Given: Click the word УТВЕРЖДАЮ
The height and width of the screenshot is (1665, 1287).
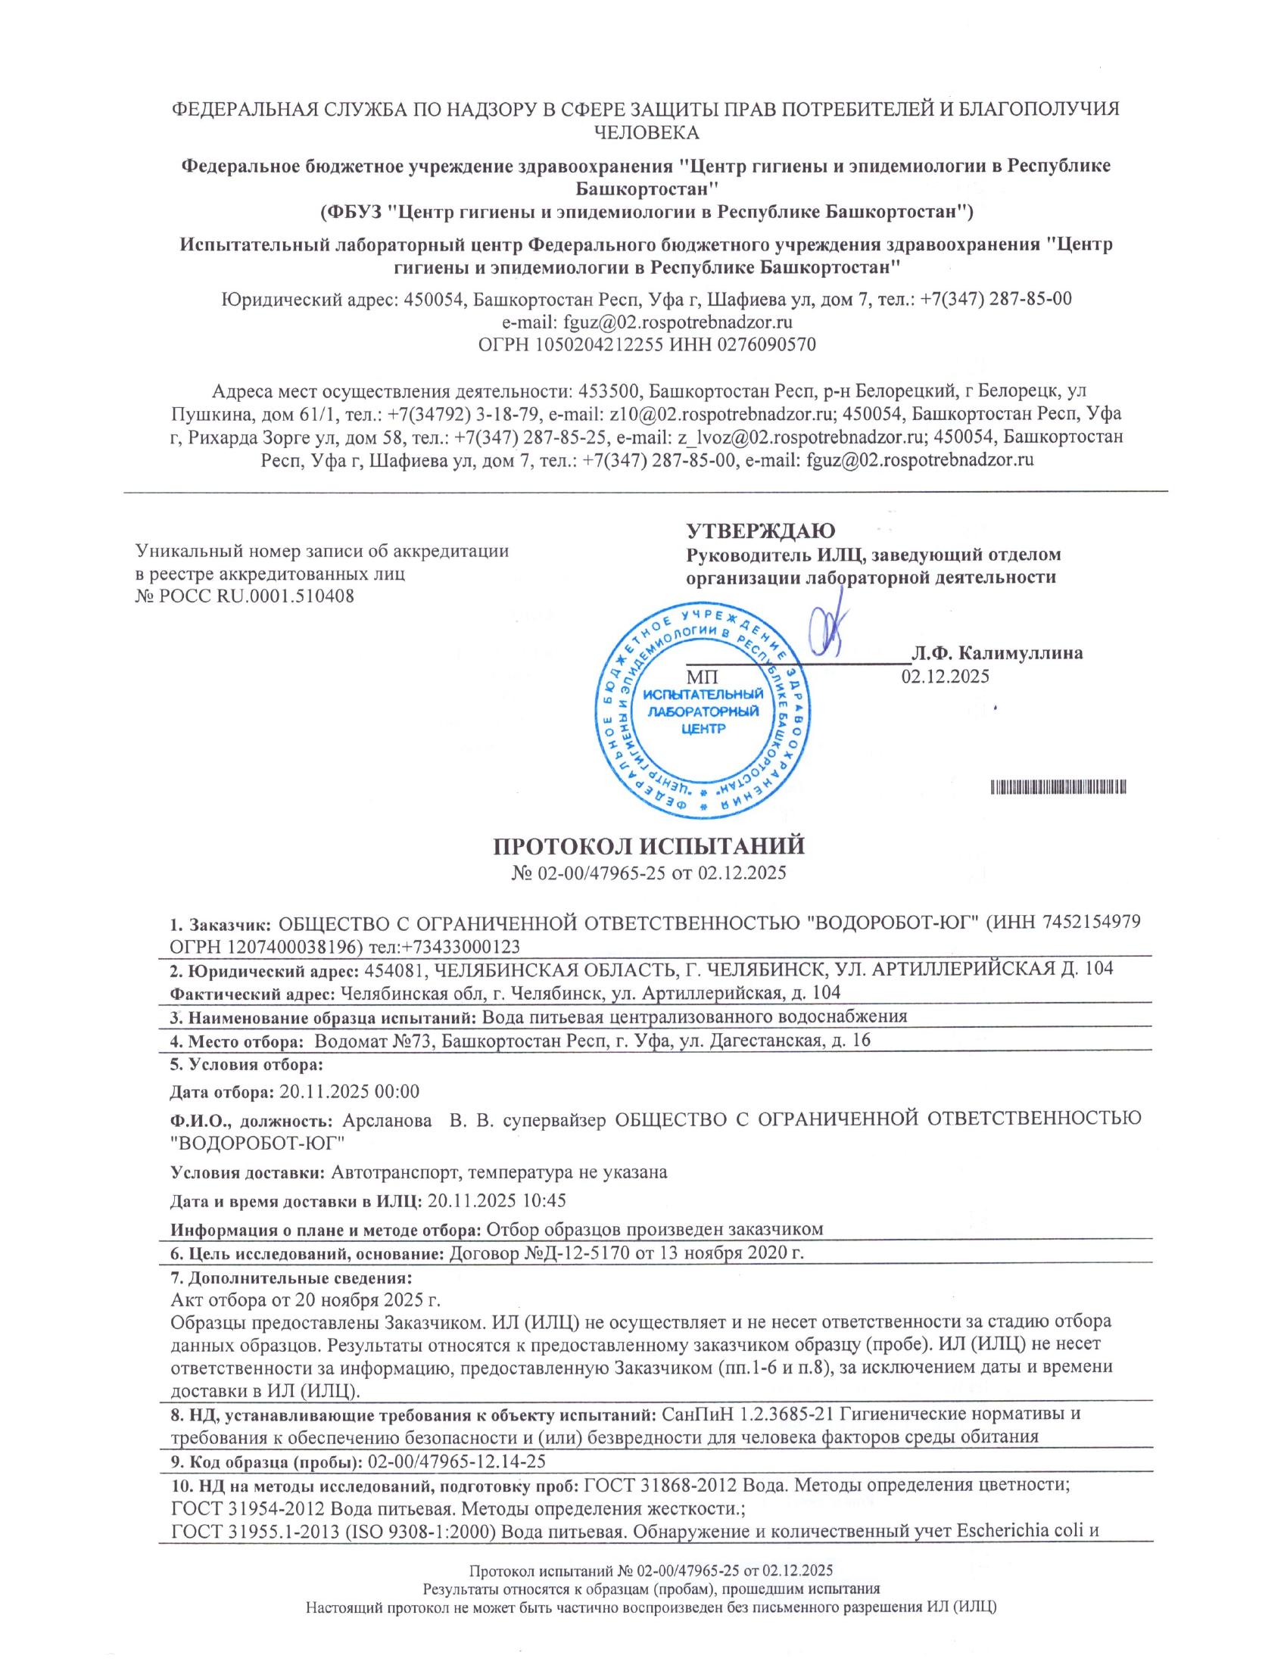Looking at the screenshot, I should (x=760, y=530).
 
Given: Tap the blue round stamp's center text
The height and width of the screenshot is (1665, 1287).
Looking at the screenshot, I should (x=703, y=711).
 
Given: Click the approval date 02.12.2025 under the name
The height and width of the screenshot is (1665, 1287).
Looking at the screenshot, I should (x=946, y=675).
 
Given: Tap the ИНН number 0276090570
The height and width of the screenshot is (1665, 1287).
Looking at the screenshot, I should (x=762, y=344).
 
